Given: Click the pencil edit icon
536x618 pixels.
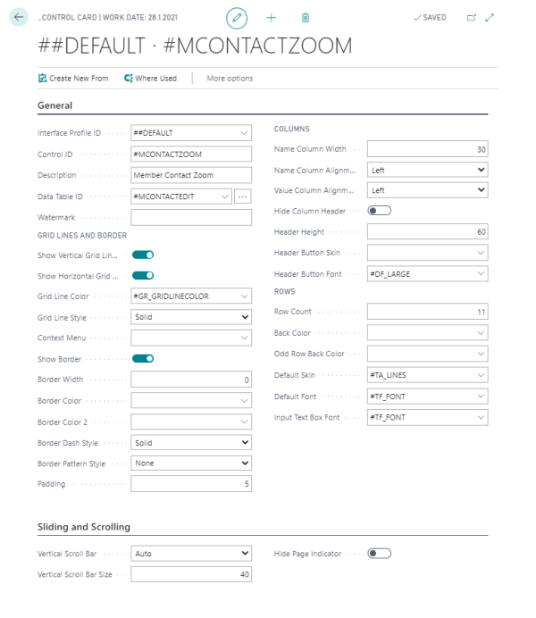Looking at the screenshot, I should pyautogui.click(x=237, y=17).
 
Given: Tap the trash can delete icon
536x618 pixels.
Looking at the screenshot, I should pyautogui.click(x=306, y=17).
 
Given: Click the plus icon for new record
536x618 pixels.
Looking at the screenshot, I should pyautogui.click(x=272, y=17).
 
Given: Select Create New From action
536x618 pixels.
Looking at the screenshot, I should pyautogui.click(x=73, y=79).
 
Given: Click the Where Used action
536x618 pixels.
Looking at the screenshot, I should pyautogui.click(x=150, y=79).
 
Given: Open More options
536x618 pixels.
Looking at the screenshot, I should pyautogui.click(x=230, y=79).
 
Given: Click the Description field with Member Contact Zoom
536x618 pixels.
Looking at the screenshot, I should pyautogui.click(x=190, y=175).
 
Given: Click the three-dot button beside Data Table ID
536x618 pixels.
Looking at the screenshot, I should pyautogui.click(x=243, y=196).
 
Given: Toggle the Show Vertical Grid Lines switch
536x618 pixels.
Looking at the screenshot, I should pyautogui.click(x=143, y=255).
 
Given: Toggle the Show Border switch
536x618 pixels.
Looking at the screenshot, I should pyautogui.click(x=143, y=358).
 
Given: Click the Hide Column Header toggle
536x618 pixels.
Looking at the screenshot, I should pyautogui.click(x=380, y=211).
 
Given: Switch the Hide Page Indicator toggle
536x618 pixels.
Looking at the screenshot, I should pyautogui.click(x=380, y=554).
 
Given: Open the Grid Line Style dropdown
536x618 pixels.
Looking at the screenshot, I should pyautogui.click(x=190, y=317).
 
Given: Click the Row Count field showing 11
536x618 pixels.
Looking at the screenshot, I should pyautogui.click(x=427, y=312).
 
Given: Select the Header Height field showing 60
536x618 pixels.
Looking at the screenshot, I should pyautogui.click(x=427, y=231).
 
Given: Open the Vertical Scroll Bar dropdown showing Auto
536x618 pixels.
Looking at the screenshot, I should pyautogui.click(x=190, y=554).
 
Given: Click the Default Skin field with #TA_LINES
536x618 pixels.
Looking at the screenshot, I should pyautogui.click(x=427, y=375).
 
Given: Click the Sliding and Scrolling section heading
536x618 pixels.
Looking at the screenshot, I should pyautogui.click(x=84, y=527).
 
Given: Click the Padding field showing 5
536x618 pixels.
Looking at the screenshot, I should pyautogui.click(x=190, y=484).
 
